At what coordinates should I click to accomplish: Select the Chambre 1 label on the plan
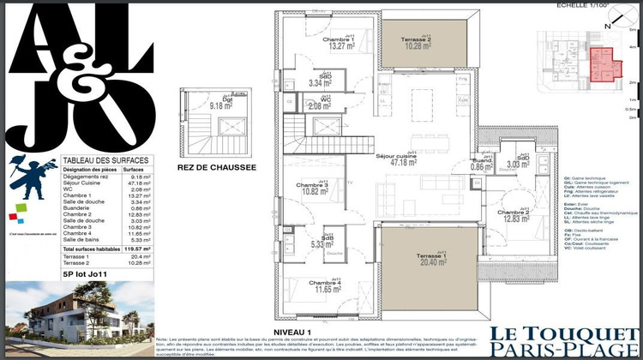coord(314,44)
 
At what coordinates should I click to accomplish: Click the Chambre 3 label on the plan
coord(313,189)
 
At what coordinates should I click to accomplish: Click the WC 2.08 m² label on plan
coord(326,104)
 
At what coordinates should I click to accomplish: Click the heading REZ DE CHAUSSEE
coord(217,169)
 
